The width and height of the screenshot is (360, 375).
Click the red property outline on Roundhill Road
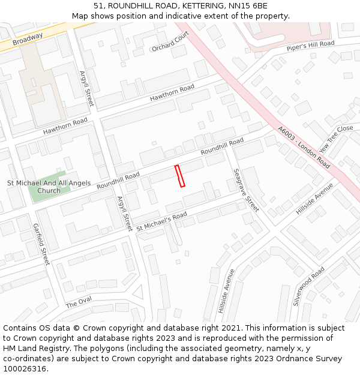tap(179, 176)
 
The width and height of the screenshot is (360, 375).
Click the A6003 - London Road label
tap(304, 146)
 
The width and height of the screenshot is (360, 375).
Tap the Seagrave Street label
tap(246, 189)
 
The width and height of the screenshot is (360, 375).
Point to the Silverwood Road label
tap(308, 286)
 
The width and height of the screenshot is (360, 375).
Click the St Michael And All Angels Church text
tap(49, 187)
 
